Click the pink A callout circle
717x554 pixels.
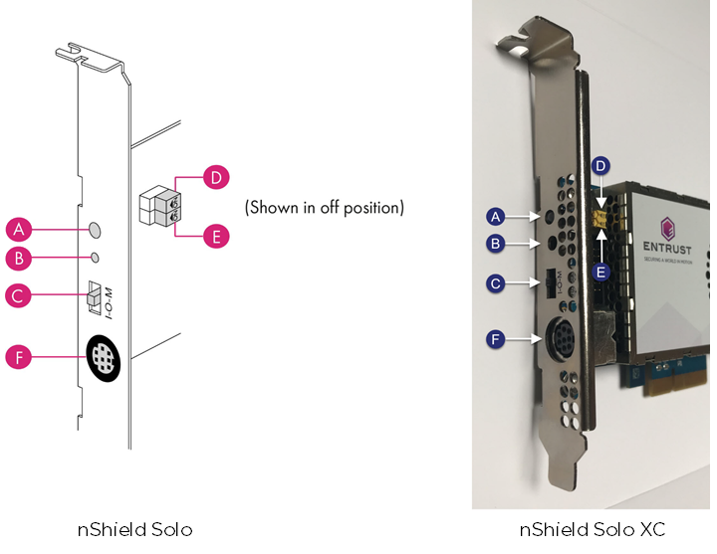19,230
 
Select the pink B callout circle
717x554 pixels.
19,259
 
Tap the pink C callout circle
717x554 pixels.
19,295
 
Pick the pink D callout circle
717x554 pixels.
215,178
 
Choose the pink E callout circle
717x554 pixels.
215,236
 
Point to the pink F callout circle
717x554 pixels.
19,356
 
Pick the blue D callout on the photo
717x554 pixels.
600,164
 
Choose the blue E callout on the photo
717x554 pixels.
600,270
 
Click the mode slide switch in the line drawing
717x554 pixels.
94,295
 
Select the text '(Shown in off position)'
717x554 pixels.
324,208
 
